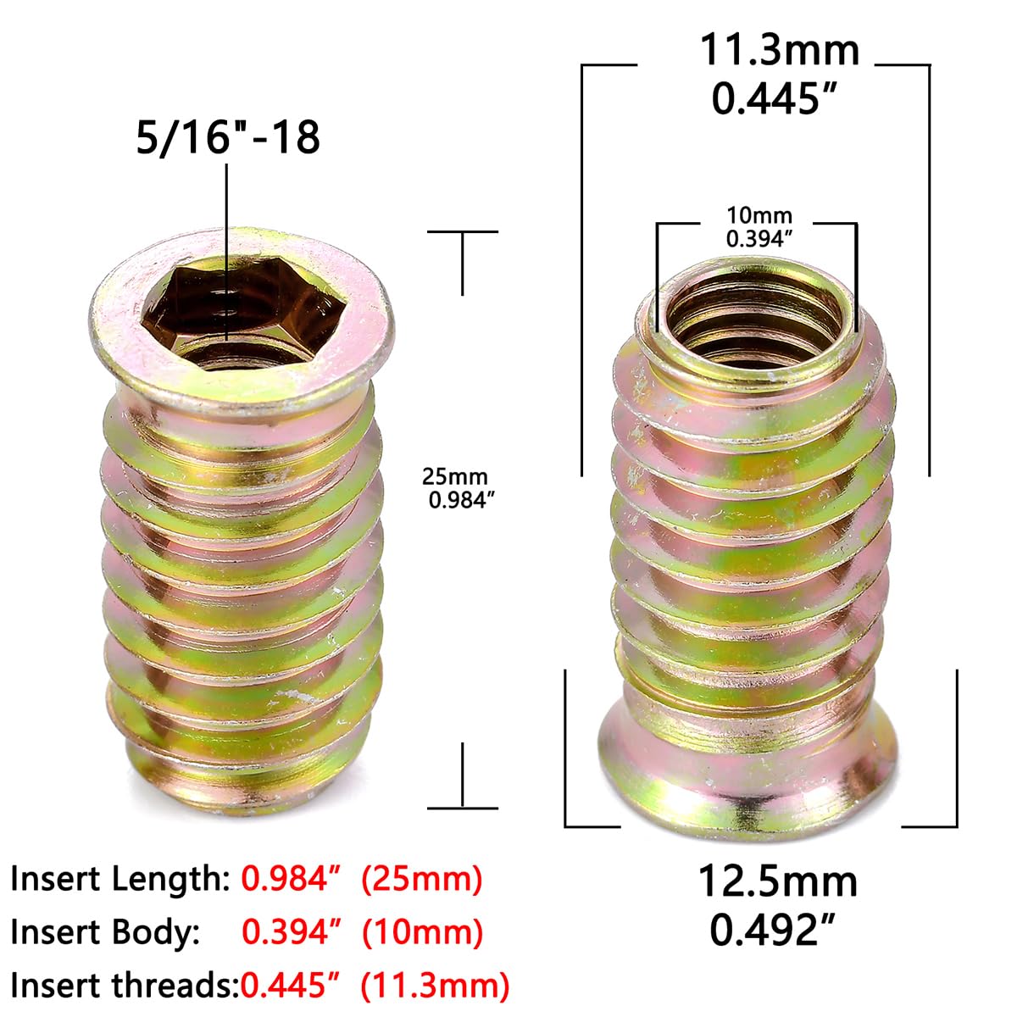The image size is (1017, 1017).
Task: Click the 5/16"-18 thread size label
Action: [x=228, y=136]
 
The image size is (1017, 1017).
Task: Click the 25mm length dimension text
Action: [x=456, y=477]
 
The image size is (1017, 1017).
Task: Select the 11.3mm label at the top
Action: [x=779, y=50]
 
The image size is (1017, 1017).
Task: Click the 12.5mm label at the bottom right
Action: [x=777, y=881]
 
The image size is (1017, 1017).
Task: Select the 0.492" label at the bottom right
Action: [x=772, y=931]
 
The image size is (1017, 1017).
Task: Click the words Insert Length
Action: [x=119, y=879]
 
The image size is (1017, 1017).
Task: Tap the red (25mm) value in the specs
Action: [x=421, y=879]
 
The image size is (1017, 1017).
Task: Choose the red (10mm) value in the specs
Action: [x=422, y=932]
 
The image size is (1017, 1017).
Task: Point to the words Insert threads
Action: [x=124, y=986]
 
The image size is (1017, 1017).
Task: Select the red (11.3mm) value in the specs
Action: [x=435, y=986]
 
